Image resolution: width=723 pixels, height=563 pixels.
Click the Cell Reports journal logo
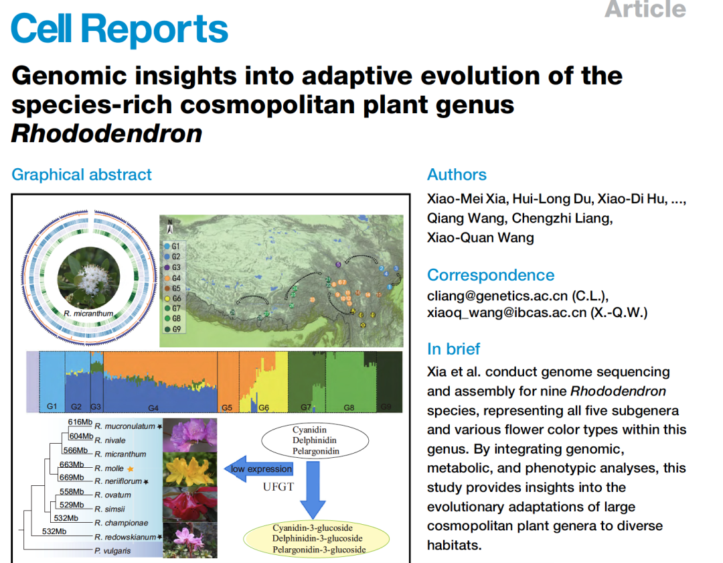(x=120, y=29)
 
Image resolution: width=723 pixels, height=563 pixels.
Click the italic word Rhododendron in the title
(x=106, y=133)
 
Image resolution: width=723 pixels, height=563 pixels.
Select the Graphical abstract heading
(x=82, y=175)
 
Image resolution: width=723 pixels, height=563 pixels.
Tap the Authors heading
(x=457, y=175)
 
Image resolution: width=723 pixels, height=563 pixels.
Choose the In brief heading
(x=453, y=349)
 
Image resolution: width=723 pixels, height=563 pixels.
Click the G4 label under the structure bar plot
(x=153, y=408)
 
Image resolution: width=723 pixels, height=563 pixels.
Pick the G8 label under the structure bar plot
(x=349, y=408)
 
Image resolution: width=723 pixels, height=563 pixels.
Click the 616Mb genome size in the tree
(x=80, y=422)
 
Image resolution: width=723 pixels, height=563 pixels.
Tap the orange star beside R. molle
(x=131, y=468)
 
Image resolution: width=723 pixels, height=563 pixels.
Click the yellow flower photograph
(x=190, y=468)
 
